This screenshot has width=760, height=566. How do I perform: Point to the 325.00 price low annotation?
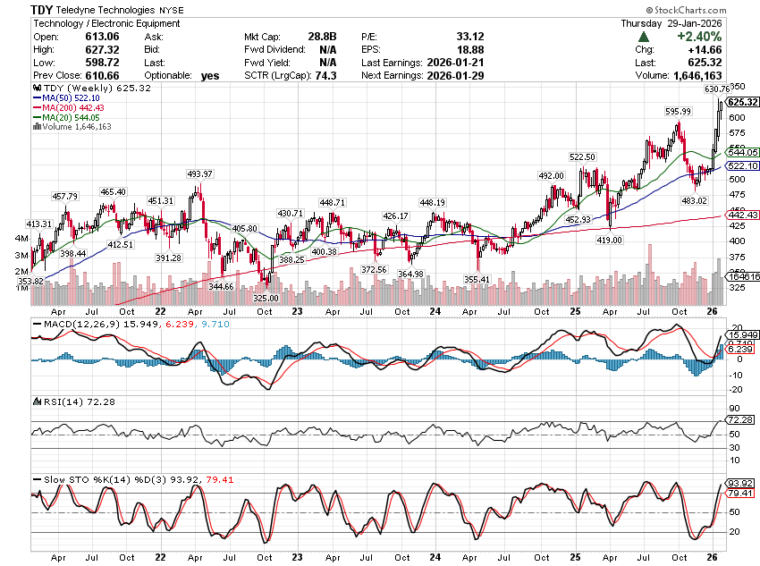(266, 298)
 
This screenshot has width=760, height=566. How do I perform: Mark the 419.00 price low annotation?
(610, 240)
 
